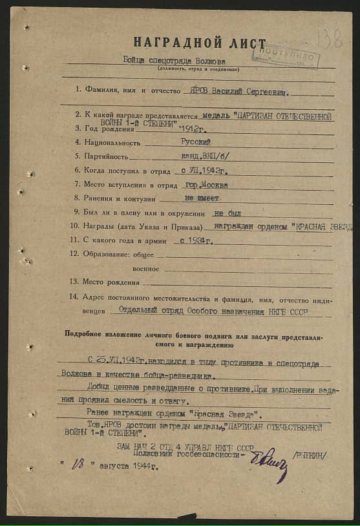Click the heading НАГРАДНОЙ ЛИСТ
pyautogui.click(x=199, y=43)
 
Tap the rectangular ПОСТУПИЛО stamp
pyautogui.click(x=285, y=56)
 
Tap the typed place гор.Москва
pyautogui.click(x=205, y=185)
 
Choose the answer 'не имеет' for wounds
pyautogui.click(x=202, y=199)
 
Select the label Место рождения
pyautogui.click(x=110, y=282)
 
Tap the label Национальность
pyautogui.click(x=111, y=143)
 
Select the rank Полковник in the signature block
pyautogui.click(x=153, y=454)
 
